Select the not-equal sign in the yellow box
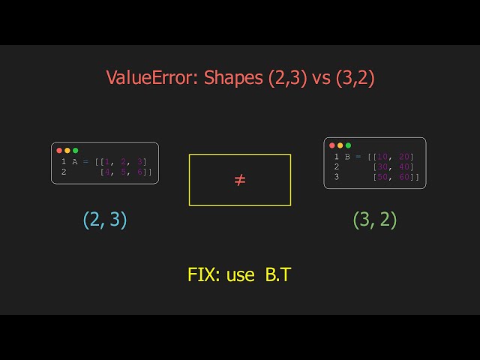(x=240, y=180)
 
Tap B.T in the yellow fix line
(x=277, y=274)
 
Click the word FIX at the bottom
(x=204, y=274)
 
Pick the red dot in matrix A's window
(x=59, y=151)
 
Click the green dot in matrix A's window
(x=75, y=151)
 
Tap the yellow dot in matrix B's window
(x=340, y=145)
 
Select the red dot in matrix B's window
(x=332, y=145)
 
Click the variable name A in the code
(x=75, y=161)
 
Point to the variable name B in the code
(x=347, y=156)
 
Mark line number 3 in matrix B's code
(x=337, y=177)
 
